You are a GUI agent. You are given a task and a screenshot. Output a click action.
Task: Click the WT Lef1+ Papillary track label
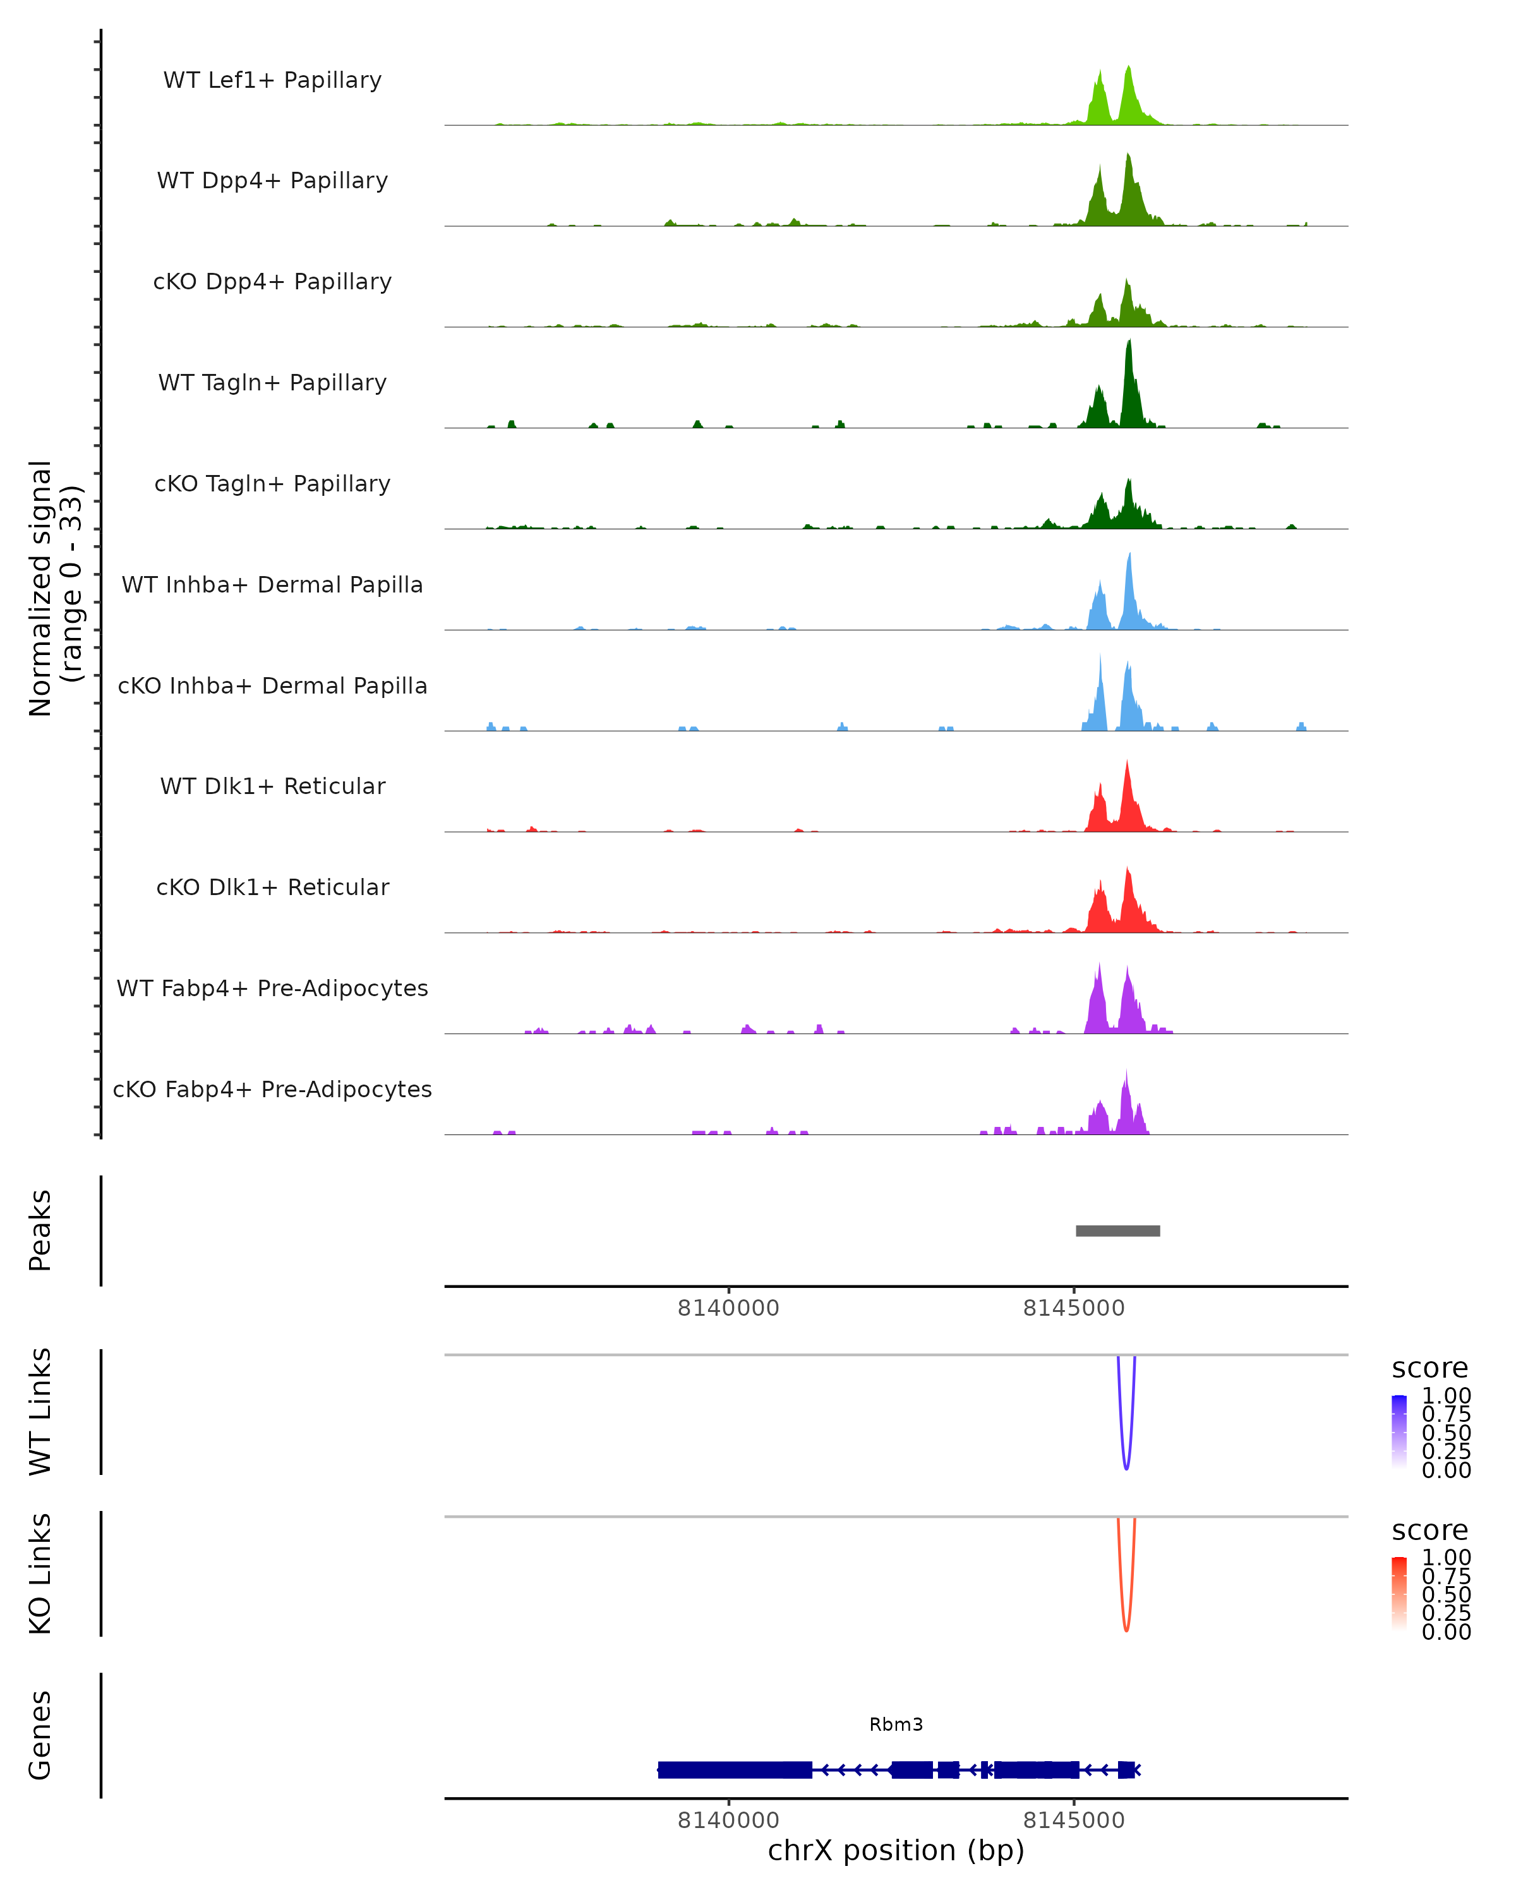click(272, 80)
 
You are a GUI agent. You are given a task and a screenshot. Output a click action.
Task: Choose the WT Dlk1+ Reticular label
click(272, 786)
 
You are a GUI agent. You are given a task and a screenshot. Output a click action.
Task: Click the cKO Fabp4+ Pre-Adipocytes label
click(272, 1089)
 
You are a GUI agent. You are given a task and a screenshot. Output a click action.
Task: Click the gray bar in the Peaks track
click(1118, 1230)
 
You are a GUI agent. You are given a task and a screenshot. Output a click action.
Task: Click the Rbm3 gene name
click(896, 1724)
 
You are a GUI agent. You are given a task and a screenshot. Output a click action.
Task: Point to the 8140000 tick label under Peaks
click(728, 1308)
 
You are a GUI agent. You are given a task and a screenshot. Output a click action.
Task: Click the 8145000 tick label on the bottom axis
click(1073, 1820)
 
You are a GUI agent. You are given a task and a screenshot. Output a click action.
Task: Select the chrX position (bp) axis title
click(896, 1851)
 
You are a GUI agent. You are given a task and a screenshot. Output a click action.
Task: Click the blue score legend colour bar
click(1399, 1432)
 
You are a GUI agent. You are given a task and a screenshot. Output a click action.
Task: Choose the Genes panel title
click(40, 1735)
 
